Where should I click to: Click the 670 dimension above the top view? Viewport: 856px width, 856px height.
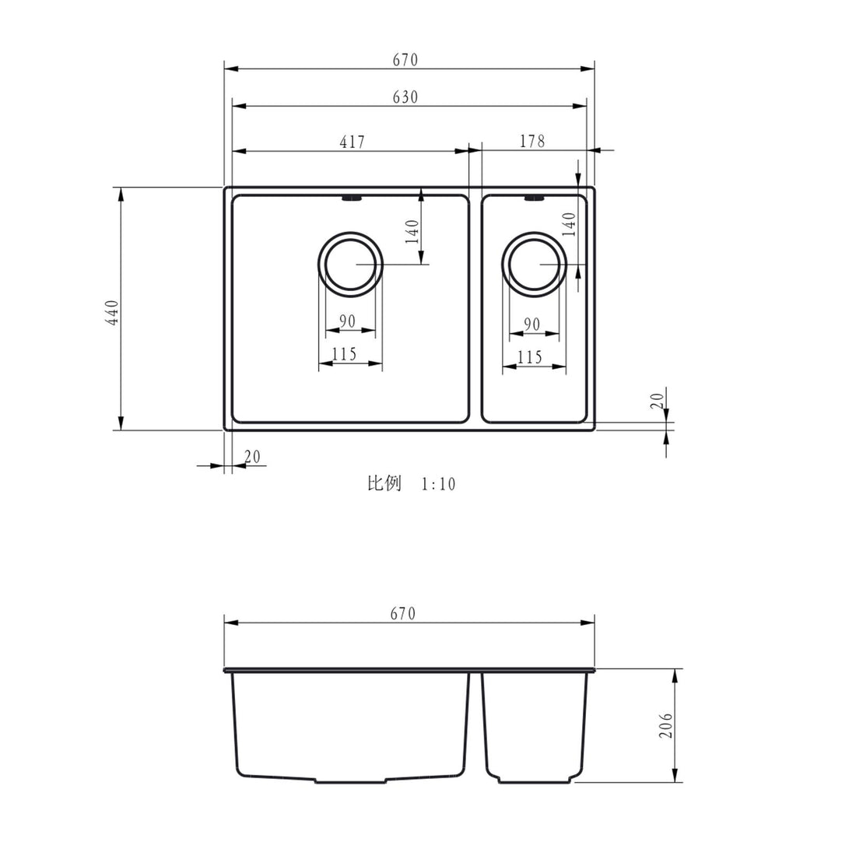(405, 59)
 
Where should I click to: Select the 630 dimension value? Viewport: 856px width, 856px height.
(405, 97)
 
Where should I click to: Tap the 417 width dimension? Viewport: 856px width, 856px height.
(352, 142)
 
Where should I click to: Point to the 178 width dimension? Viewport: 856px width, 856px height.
(532, 141)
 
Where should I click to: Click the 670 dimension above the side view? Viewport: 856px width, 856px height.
(402, 614)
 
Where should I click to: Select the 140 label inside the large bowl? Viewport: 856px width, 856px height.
(412, 231)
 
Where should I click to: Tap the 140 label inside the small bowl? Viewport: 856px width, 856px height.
(569, 224)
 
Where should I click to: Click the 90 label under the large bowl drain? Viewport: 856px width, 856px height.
(347, 321)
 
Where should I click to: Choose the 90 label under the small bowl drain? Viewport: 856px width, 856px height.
(532, 325)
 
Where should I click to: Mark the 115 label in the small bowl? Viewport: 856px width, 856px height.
(529, 357)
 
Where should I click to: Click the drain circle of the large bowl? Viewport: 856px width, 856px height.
(351, 264)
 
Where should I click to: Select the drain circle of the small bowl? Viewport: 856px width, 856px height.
(534, 264)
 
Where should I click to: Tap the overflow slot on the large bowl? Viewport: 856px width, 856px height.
(351, 199)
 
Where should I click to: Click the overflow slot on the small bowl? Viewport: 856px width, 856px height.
(534, 199)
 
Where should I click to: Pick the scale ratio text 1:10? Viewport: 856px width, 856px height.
(438, 485)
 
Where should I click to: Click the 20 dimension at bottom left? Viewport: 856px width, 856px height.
(252, 457)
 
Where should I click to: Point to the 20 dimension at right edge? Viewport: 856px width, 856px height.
(658, 401)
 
